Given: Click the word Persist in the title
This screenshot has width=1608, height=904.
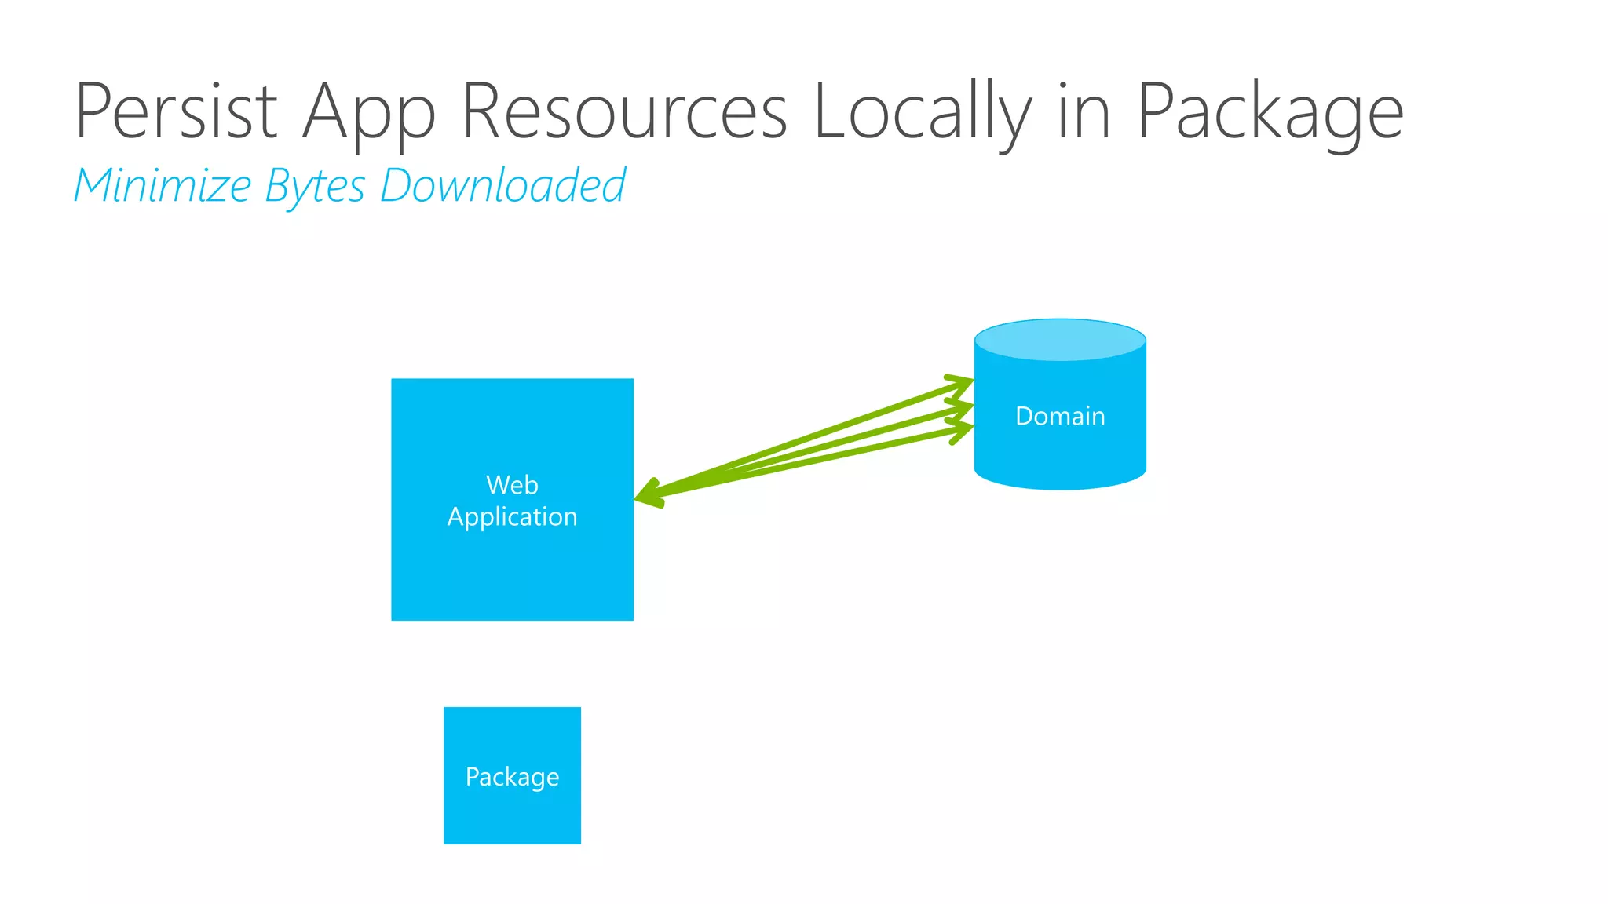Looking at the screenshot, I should [176, 111].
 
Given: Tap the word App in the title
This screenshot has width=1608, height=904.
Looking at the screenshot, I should [369, 114].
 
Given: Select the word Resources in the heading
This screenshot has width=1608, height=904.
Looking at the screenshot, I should [624, 111].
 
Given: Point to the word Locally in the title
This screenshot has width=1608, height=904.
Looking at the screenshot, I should [923, 114].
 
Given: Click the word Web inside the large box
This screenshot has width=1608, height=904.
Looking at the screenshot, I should [512, 485].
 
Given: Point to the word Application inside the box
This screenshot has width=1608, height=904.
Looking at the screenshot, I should [512, 517].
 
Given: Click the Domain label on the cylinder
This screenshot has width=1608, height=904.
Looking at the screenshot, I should [1060, 416].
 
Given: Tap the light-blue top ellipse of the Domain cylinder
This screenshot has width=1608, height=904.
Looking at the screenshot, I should [1060, 340].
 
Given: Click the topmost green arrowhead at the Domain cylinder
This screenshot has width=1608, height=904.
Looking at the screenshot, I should [962, 383].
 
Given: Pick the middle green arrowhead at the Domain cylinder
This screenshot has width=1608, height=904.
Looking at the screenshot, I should [963, 408].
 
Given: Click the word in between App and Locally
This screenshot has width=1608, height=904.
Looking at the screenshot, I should [624, 111].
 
